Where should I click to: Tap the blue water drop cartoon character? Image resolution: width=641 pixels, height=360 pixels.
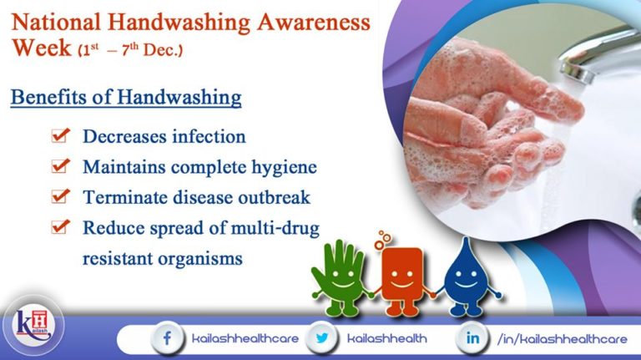[462, 276]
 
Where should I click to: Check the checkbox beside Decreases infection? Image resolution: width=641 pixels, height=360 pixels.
[59, 135]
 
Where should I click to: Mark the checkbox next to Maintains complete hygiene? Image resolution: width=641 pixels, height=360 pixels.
[59, 166]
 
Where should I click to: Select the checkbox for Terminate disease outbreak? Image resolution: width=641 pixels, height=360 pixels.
[59, 197]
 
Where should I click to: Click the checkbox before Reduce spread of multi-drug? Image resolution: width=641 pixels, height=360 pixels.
[59, 227]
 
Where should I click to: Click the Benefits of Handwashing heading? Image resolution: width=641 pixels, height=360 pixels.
[126, 98]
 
